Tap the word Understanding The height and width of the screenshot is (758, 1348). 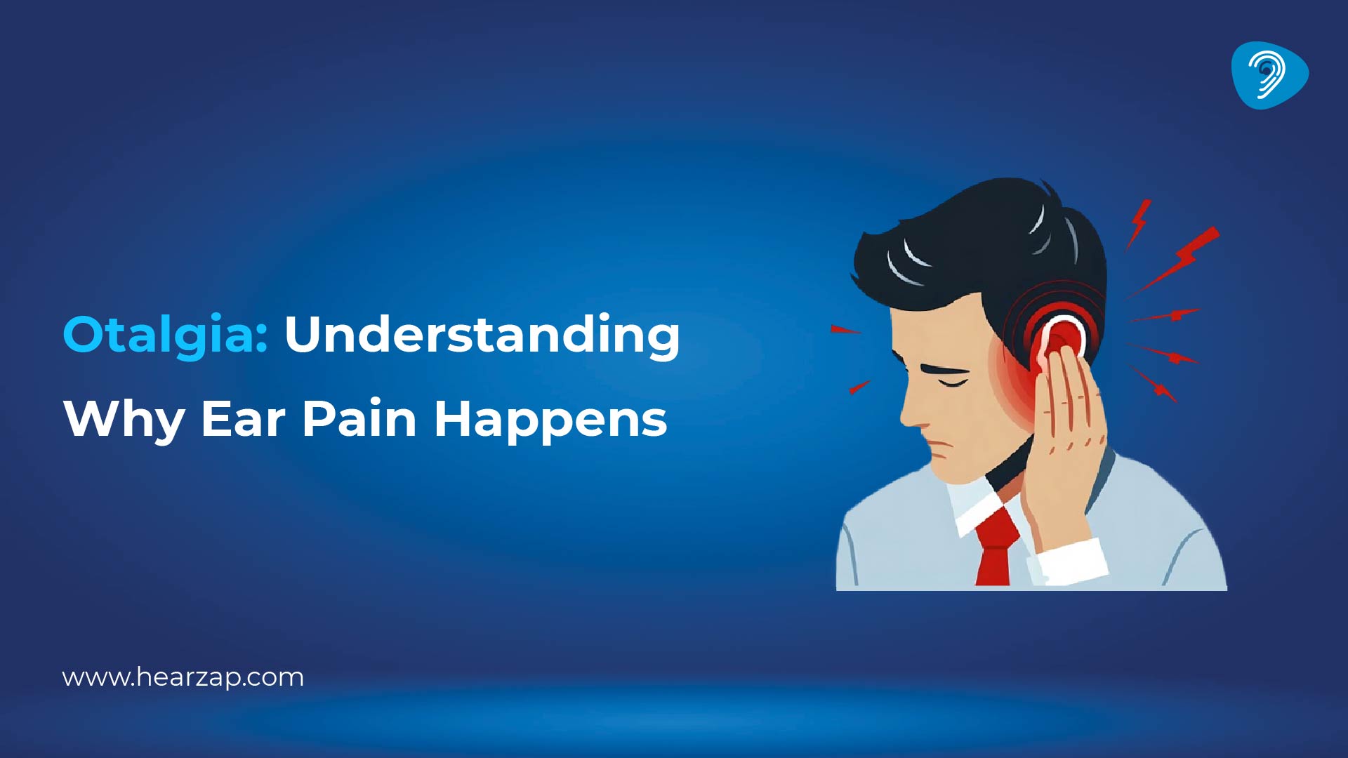482,335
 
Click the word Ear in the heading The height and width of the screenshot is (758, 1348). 243,419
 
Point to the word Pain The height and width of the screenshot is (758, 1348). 359,419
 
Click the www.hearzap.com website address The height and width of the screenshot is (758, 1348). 183,678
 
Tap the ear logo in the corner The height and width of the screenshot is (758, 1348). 1269,75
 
